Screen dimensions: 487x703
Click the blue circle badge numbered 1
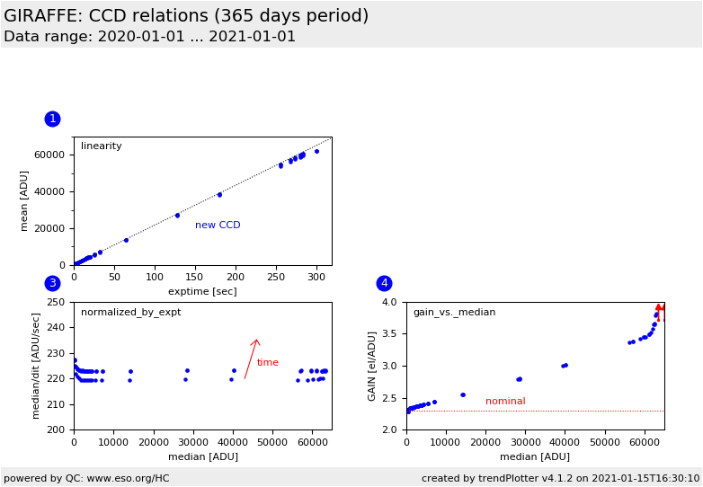click(52, 119)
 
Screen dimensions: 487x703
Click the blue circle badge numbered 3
click(52, 283)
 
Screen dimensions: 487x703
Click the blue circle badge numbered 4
click(384, 283)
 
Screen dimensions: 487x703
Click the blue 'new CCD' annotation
click(218, 226)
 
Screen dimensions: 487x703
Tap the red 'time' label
click(268, 363)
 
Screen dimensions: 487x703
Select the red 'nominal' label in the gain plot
click(505, 402)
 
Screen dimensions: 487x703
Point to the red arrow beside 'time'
click(251, 359)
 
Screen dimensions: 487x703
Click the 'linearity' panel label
click(102, 146)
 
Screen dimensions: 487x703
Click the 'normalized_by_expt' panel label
click(130, 313)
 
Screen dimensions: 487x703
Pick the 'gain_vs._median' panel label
click(454, 313)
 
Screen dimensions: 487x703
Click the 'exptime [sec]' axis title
click(202, 291)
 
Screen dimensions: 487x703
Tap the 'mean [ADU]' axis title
click(25, 201)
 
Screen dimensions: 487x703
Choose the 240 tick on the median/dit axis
click(60, 328)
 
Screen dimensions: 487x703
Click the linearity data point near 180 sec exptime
click(219, 194)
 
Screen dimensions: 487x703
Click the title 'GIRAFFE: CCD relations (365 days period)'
click(186, 16)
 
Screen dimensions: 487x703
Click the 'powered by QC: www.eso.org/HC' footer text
click(86, 478)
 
